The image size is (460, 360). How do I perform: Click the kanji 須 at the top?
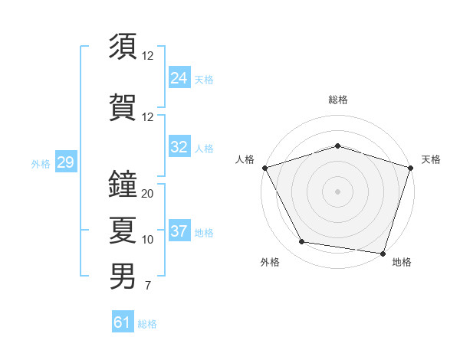pyautogui.click(x=123, y=47)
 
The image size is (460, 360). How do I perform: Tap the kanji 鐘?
pyautogui.click(x=123, y=184)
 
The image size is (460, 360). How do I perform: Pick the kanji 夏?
pyautogui.click(x=123, y=231)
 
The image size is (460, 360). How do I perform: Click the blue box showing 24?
pyautogui.click(x=179, y=78)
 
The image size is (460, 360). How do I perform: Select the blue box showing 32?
pyautogui.click(x=179, y=147)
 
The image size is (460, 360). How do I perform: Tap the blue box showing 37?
pyautogui.click(x=179, y=231)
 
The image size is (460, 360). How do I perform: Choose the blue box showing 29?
pyautogui.click(x=65, y=162)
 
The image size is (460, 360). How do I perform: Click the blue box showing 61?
pyautogui.click(x=123, y=322)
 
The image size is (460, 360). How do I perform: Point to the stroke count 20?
pyautogui.click(x=148, y=194)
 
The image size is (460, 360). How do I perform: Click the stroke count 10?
pyautogui.click(x=148, y=240)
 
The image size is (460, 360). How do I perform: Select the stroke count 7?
pyautogui.click(x=147, y=286)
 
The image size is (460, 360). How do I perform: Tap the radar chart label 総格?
pyautogui.click(x=337, y=100)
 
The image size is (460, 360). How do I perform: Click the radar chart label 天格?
pyautogui.click(x=431, y=159)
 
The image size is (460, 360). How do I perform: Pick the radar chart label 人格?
pyautogui.click(x=245, y=159)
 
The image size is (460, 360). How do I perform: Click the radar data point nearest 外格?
pyautogui.click(x=302, y=242)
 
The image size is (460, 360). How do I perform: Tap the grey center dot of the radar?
pyautogui.click(x=337, y=191)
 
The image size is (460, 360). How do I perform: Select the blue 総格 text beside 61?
pyautogui.click(x=147, y=324)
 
